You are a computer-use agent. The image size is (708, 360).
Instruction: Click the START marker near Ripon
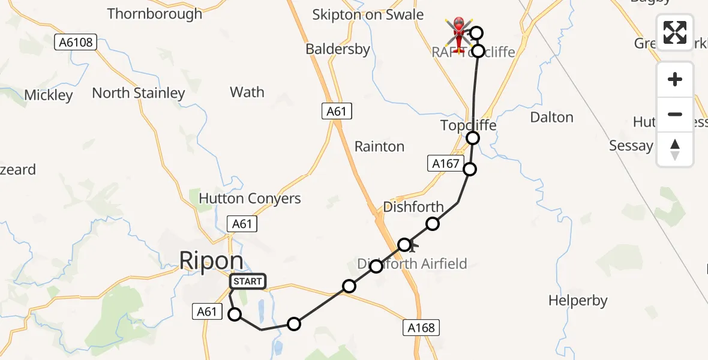pyautogui.click(x=247, y=281)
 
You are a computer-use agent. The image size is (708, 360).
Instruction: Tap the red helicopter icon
pyautogui.click(x=459, y=33)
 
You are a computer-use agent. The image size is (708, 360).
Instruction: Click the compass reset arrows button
pyautogui.click(x=675, y=149)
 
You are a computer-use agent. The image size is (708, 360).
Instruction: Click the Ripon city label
pyautogui.click(x=212, y=261)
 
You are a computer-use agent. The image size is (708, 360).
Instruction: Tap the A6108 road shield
pyautogui.click(x=76, y=42)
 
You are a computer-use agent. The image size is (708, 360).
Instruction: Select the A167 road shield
pyautogui.click(x=445, y=163)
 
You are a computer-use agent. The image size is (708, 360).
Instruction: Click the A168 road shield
pyautogui.click(x=421, y=328)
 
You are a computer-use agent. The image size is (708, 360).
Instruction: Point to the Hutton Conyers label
pyautogui.click(x=250, y=199)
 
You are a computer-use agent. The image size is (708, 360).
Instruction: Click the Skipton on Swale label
pyautogui.click(x=368, y=15)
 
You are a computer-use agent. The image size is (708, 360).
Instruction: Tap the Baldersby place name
pyautogui.click(x=338, y=49)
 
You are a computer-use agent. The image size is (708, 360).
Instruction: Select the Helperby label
pyautogui.click(x=578, y=301)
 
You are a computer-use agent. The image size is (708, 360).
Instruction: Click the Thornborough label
pyautogui.click(x=155, y=14)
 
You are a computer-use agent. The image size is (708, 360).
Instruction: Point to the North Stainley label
pyautogui.click(x=139, y=93)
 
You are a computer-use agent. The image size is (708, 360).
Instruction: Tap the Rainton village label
pyautogui.click(x=379, y=146)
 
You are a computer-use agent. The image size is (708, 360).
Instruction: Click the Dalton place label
pyautogui.click(x=551, y=117)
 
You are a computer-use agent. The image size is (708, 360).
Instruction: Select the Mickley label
pyautogui.click(x=49, y=95)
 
